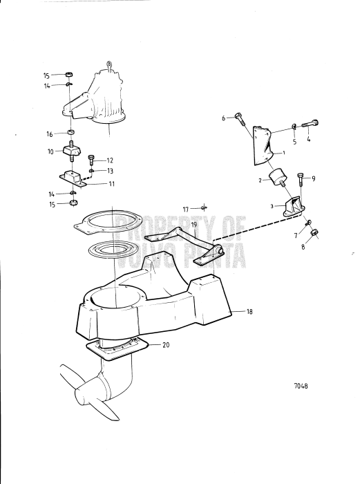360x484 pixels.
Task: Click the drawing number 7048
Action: click(301, 386)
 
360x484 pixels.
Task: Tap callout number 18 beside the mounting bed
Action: click(249, 312)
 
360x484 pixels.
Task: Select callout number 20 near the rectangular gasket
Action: click(166, 345)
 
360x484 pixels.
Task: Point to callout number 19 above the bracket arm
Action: click(194, 225)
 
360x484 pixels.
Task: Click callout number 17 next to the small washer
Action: click(186, 210)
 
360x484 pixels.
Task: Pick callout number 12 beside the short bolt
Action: click(110, 160)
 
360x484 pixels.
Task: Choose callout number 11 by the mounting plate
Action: click(112, 184)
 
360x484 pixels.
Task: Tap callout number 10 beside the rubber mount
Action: click(50, 151)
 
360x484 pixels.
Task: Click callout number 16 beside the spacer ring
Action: click(50, 134)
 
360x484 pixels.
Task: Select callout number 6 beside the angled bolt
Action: click(224, 118)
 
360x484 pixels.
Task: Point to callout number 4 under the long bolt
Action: click(308, 139)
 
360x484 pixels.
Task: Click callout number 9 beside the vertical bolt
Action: click(314, 178)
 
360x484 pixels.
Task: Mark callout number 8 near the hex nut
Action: click(303, 247)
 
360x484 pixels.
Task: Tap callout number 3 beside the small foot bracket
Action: click(272, 206)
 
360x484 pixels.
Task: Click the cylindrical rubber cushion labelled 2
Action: click(276, 178)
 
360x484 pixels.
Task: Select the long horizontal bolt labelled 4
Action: click(310, 124)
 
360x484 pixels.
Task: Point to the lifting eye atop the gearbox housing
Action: click(108, 66)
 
